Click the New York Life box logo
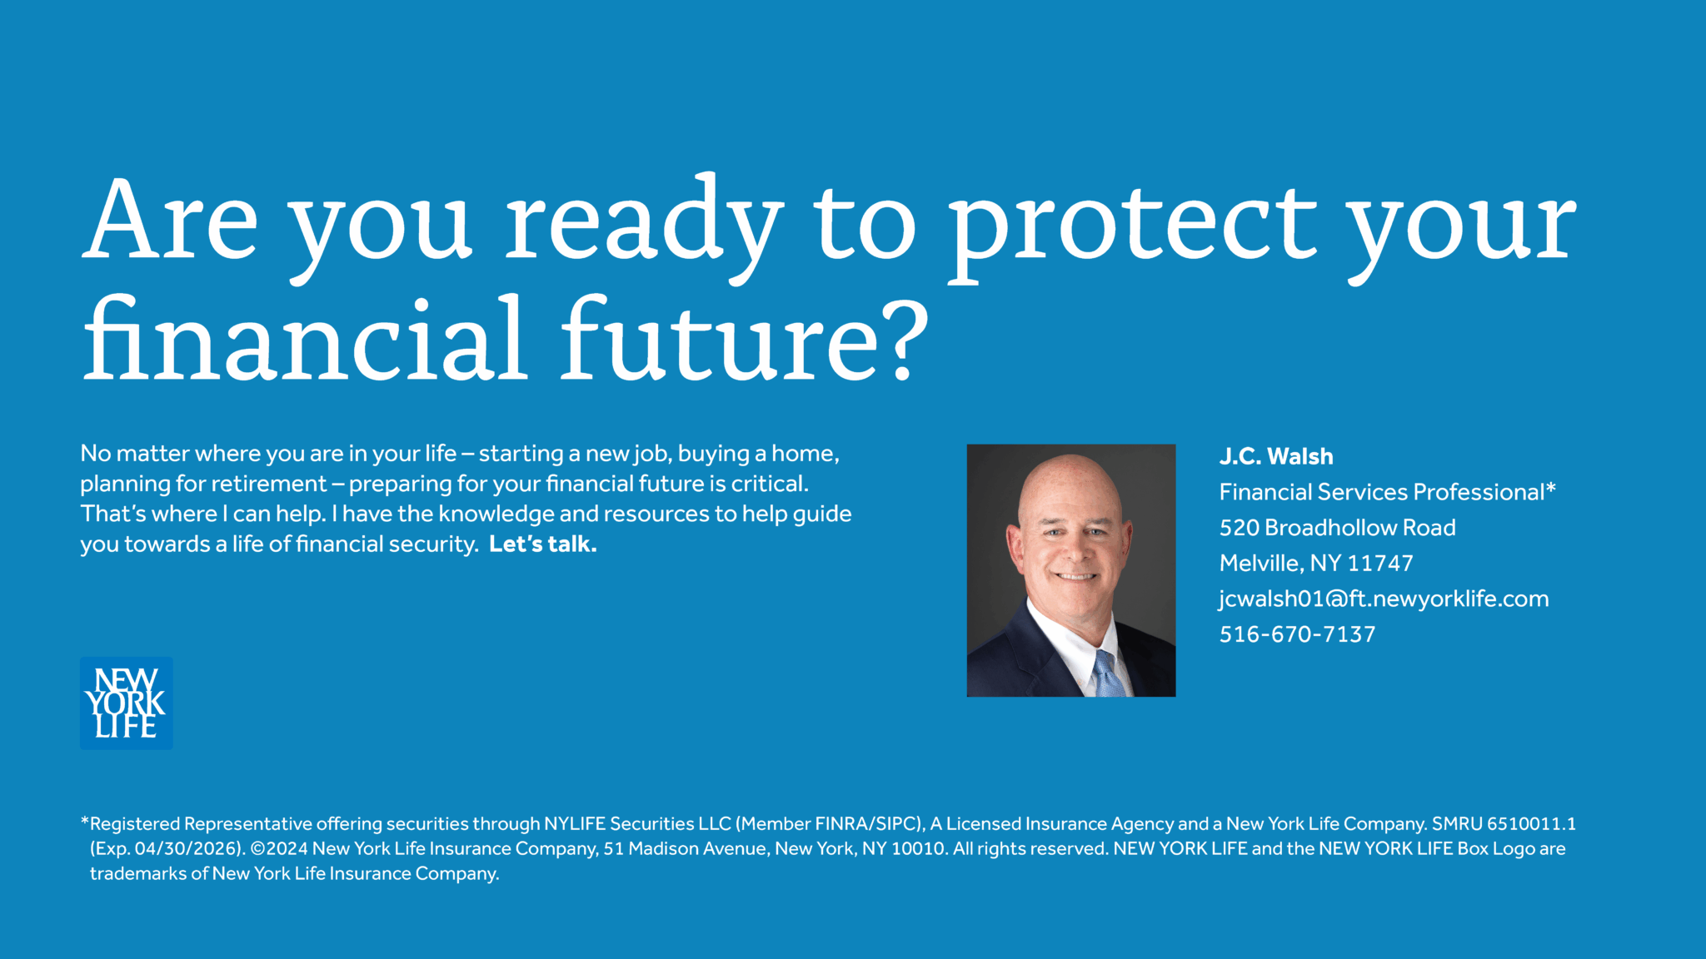[x=127, y=703]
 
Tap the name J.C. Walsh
[x=1276, y=456]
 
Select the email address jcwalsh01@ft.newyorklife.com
[x=1384, y=599]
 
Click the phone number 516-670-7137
[x=1297, y=634]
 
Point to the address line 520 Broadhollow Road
[x=1337, y=528]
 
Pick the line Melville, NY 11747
[x=1316, y=564]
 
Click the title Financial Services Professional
[x=1382, y=492]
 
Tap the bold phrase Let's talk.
[x=543, y=544]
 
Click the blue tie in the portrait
[x=1108, y=674]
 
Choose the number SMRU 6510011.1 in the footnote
[x=1504, y=824]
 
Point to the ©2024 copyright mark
[x=279, y=849]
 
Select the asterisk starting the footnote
[x=84, y=822]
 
